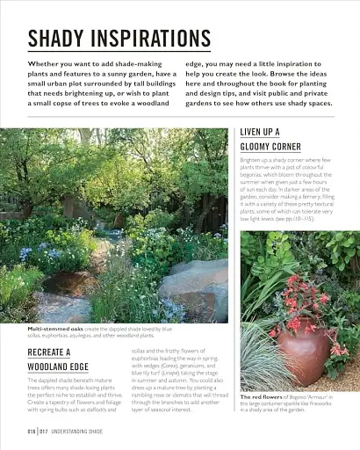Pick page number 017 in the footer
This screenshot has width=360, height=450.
[x=42, y=432]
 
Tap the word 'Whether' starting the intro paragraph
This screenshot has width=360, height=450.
[x=44, y=64]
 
